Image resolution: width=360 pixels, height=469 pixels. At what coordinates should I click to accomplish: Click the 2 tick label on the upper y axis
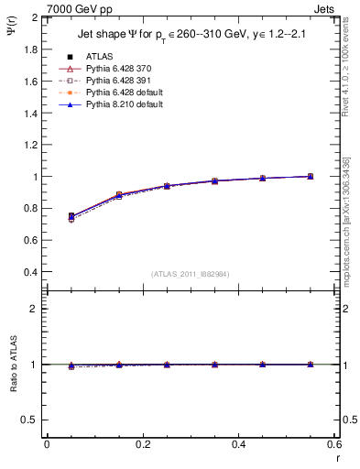tap(36, 17)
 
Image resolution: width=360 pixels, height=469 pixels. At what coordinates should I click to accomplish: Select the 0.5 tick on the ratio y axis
tap(31, 420)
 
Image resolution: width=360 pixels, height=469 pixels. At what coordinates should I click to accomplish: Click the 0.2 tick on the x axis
tap(142, 444)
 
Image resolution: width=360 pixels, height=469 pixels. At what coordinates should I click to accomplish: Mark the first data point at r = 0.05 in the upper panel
tap(71, 217)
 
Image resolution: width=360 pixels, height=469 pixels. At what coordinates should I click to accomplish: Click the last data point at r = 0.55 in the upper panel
tap(311, 176)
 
